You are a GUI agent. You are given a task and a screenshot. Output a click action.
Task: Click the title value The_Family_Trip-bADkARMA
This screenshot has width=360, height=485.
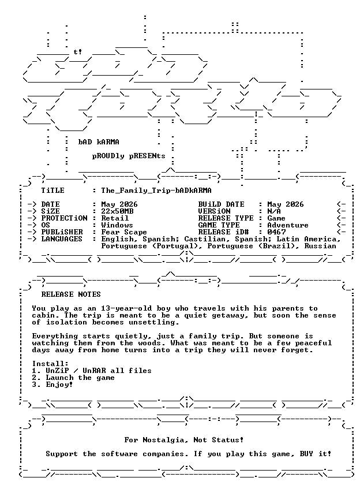pyautogui.click(x=156, y=191)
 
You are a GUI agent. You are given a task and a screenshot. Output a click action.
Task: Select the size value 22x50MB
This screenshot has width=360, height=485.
pyautogui.click(x=118, y=211)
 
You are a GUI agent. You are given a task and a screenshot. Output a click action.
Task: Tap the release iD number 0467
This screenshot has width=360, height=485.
pyautogui.click(x=276, y=232)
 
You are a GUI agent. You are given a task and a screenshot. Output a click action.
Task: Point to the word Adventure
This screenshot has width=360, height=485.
pyautogui.click(x=288, y=225)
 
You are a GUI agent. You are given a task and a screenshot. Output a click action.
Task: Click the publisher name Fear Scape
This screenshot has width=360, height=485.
pyautogui.click(x=124, y=232)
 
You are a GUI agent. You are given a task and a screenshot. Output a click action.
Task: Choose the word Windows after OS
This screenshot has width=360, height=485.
pyautogui.click(x=117, y=225)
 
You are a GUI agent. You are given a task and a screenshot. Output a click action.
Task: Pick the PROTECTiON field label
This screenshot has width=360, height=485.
pyautogui.click(x=64, y=218)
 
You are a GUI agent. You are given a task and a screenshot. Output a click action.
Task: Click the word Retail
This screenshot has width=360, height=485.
pyautogui.click(x=115, y=218)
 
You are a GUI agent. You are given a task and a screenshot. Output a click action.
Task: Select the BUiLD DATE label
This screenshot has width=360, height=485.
pyautogui.click(x=222, y=204)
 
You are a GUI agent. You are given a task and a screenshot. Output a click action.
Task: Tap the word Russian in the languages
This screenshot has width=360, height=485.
pyautogui.click(x=320, y=246)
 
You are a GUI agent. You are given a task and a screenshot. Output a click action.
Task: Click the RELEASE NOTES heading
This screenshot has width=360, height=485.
pyautogui.click(x=71, y=294)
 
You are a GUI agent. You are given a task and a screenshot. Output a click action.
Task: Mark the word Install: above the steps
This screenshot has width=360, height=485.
pyautogui.click(x=50, y=364)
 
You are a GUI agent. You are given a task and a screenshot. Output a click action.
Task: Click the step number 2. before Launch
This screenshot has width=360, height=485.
pyautogui.click(x=37, y=378)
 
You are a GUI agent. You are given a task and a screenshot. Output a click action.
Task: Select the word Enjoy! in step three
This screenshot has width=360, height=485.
pyautogui.click(x=59, y=385)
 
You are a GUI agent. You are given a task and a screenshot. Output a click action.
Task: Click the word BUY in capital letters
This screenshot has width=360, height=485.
pyautogui.click(x=306, y=454)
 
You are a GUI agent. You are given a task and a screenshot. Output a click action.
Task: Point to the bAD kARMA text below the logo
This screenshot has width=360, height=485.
pyautogui.click(x=99, y=142)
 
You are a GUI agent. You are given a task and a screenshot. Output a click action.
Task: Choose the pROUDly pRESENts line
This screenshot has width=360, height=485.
pyautogui.click(x=129, y=156)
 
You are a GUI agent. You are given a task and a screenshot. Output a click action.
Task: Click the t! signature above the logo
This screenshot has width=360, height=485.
pyautogui.click(x=77, y=52)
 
